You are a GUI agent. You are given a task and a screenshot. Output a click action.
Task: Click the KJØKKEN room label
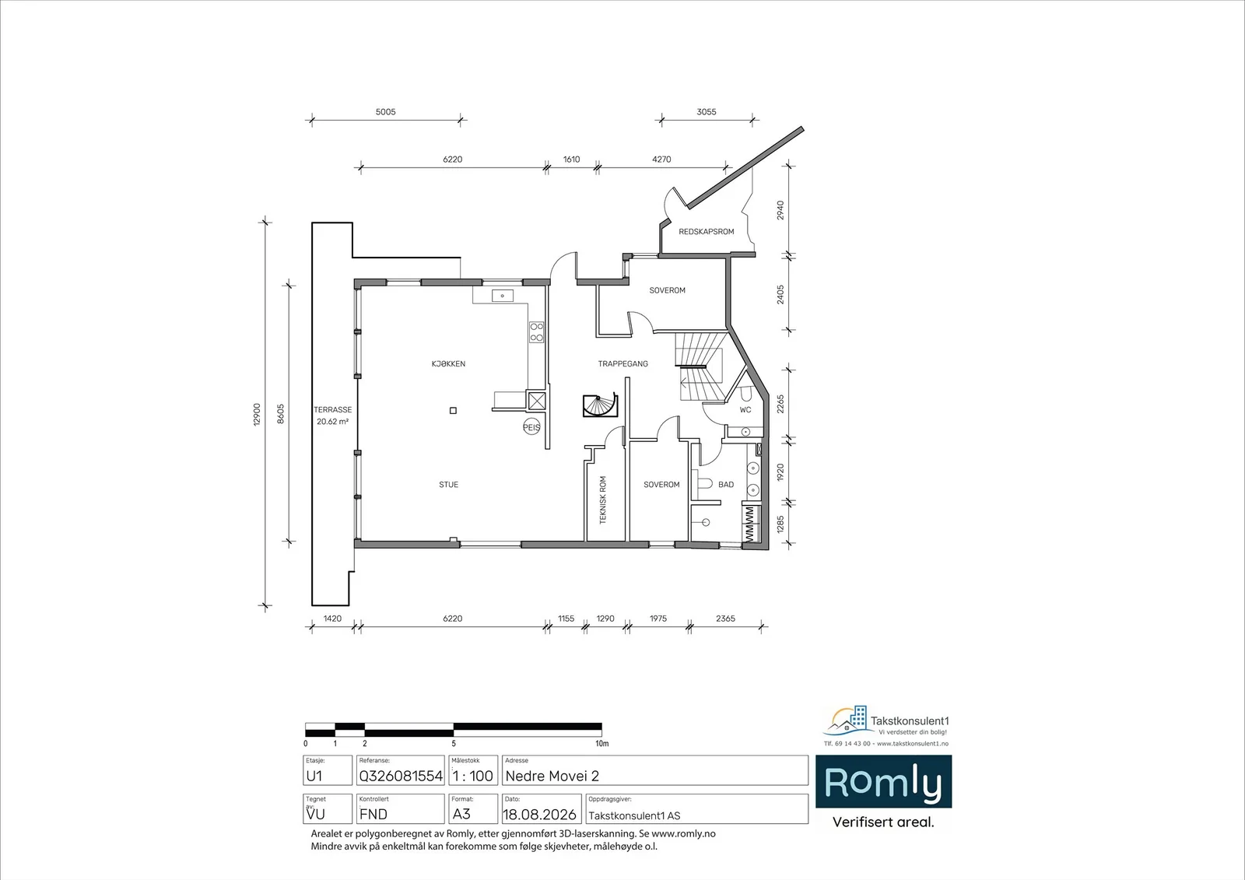point(448,364)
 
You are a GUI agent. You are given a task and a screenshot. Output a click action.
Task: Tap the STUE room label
point(448,485)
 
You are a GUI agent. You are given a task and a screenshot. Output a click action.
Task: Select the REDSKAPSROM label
point(706,232)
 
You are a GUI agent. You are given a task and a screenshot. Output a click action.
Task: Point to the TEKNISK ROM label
point(603,500)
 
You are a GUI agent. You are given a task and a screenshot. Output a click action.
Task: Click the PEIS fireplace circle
point(531,427)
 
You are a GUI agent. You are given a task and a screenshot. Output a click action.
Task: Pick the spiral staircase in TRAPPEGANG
point(600,405)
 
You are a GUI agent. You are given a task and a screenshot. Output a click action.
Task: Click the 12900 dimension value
point(257,414)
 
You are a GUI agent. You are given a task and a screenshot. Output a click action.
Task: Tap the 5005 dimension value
point(385,112)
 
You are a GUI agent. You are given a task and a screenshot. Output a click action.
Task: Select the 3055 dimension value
point(706,112)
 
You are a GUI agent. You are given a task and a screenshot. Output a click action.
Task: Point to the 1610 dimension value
point(571,160)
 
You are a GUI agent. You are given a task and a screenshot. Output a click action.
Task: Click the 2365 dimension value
point(725,618)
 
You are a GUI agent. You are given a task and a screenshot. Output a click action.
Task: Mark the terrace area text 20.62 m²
point(332,422)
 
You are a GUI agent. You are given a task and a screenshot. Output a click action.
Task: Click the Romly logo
point(883,781)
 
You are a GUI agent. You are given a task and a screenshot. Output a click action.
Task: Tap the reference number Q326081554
point(401,776)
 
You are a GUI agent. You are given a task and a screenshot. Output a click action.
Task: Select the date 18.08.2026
point(539,815)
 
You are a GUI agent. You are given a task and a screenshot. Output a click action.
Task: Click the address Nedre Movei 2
point(552,776)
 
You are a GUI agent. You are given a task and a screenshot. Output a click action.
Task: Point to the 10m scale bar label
point(602,744)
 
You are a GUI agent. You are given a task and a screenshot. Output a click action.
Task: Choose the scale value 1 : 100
point(472,776)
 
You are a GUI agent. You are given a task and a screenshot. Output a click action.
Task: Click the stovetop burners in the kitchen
point(536,332)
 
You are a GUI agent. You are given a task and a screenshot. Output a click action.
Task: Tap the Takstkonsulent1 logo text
point(910,721)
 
